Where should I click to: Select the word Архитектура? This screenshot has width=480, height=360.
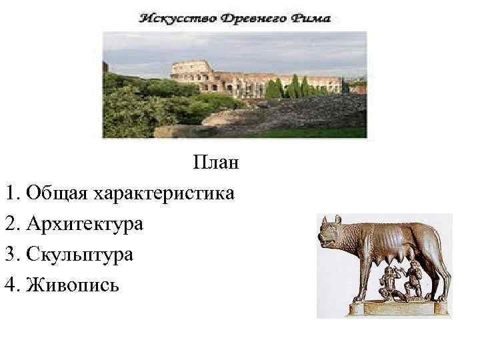(85, 224)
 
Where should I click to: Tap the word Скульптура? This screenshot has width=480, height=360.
(80, 255)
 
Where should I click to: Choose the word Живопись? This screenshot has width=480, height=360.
(73, 285)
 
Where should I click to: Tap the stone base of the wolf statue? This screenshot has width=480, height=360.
(397, 309)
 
